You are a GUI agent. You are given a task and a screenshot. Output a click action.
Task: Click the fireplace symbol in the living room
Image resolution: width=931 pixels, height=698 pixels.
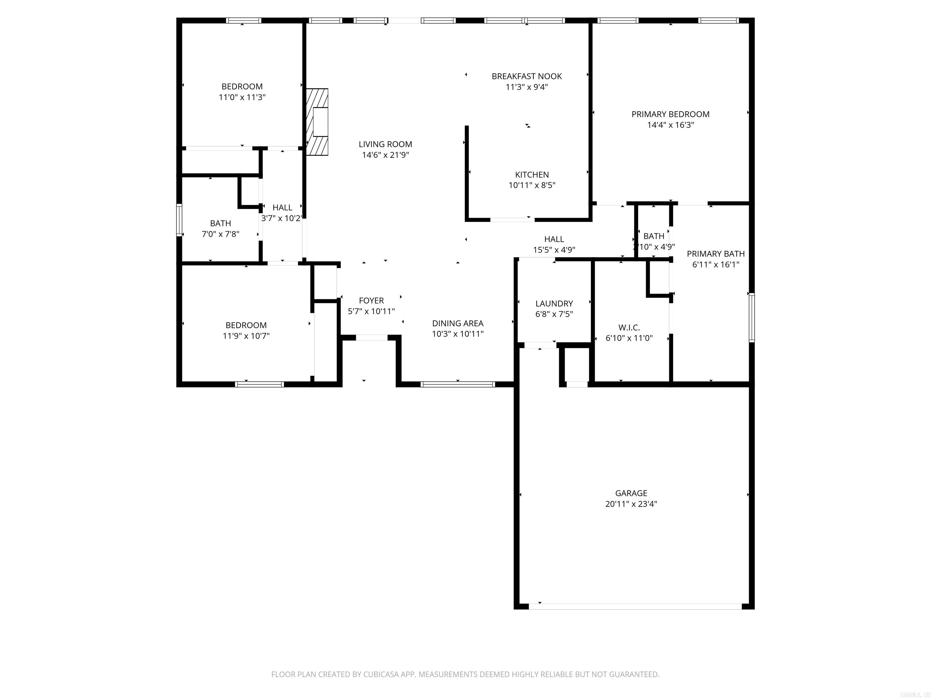click(x=317, y=122)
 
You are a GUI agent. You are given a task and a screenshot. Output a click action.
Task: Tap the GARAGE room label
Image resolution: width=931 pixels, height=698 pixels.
click(x=631, y=493)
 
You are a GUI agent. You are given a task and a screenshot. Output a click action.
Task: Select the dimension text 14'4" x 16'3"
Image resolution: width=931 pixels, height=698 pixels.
click(x=670, y=125)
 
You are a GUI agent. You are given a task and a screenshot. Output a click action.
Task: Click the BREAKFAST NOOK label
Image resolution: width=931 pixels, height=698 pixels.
click(x=526, y=76)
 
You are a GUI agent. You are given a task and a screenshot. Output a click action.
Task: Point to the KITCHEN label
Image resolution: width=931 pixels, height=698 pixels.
click(x=532, y=174)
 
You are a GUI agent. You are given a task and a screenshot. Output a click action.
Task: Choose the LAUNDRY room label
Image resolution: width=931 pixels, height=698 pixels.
click(x=554, y=303)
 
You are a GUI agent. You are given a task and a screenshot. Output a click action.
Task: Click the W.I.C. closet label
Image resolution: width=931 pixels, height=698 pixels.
click(x=629, y=327)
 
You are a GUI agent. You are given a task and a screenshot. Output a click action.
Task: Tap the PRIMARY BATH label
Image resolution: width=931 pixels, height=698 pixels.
click(x=716, y=254)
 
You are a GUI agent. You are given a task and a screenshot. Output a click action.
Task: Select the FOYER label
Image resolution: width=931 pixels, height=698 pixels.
click(x=371, y=301)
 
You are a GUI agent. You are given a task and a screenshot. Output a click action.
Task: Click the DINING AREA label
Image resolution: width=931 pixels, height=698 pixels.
click(x=458, y=323)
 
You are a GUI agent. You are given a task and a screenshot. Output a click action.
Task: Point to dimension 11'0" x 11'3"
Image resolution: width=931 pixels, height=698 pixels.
click(x=242, y=97)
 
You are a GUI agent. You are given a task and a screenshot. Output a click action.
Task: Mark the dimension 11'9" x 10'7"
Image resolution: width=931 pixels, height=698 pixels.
click(x=246, y=336)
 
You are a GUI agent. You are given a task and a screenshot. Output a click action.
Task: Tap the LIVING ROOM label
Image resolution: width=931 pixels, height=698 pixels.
click(x=385, y=144)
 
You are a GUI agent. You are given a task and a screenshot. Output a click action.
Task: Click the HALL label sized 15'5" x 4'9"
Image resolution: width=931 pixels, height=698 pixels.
click(x=554, y=239)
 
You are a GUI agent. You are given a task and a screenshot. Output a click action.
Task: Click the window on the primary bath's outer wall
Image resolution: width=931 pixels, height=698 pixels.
click(x=751, y=318)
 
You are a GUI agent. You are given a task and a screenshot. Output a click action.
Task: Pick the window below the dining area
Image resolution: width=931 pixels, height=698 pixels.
click(x=458, y=384)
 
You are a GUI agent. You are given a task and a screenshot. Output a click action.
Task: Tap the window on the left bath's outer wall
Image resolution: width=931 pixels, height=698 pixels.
click(x=179, y=220)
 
